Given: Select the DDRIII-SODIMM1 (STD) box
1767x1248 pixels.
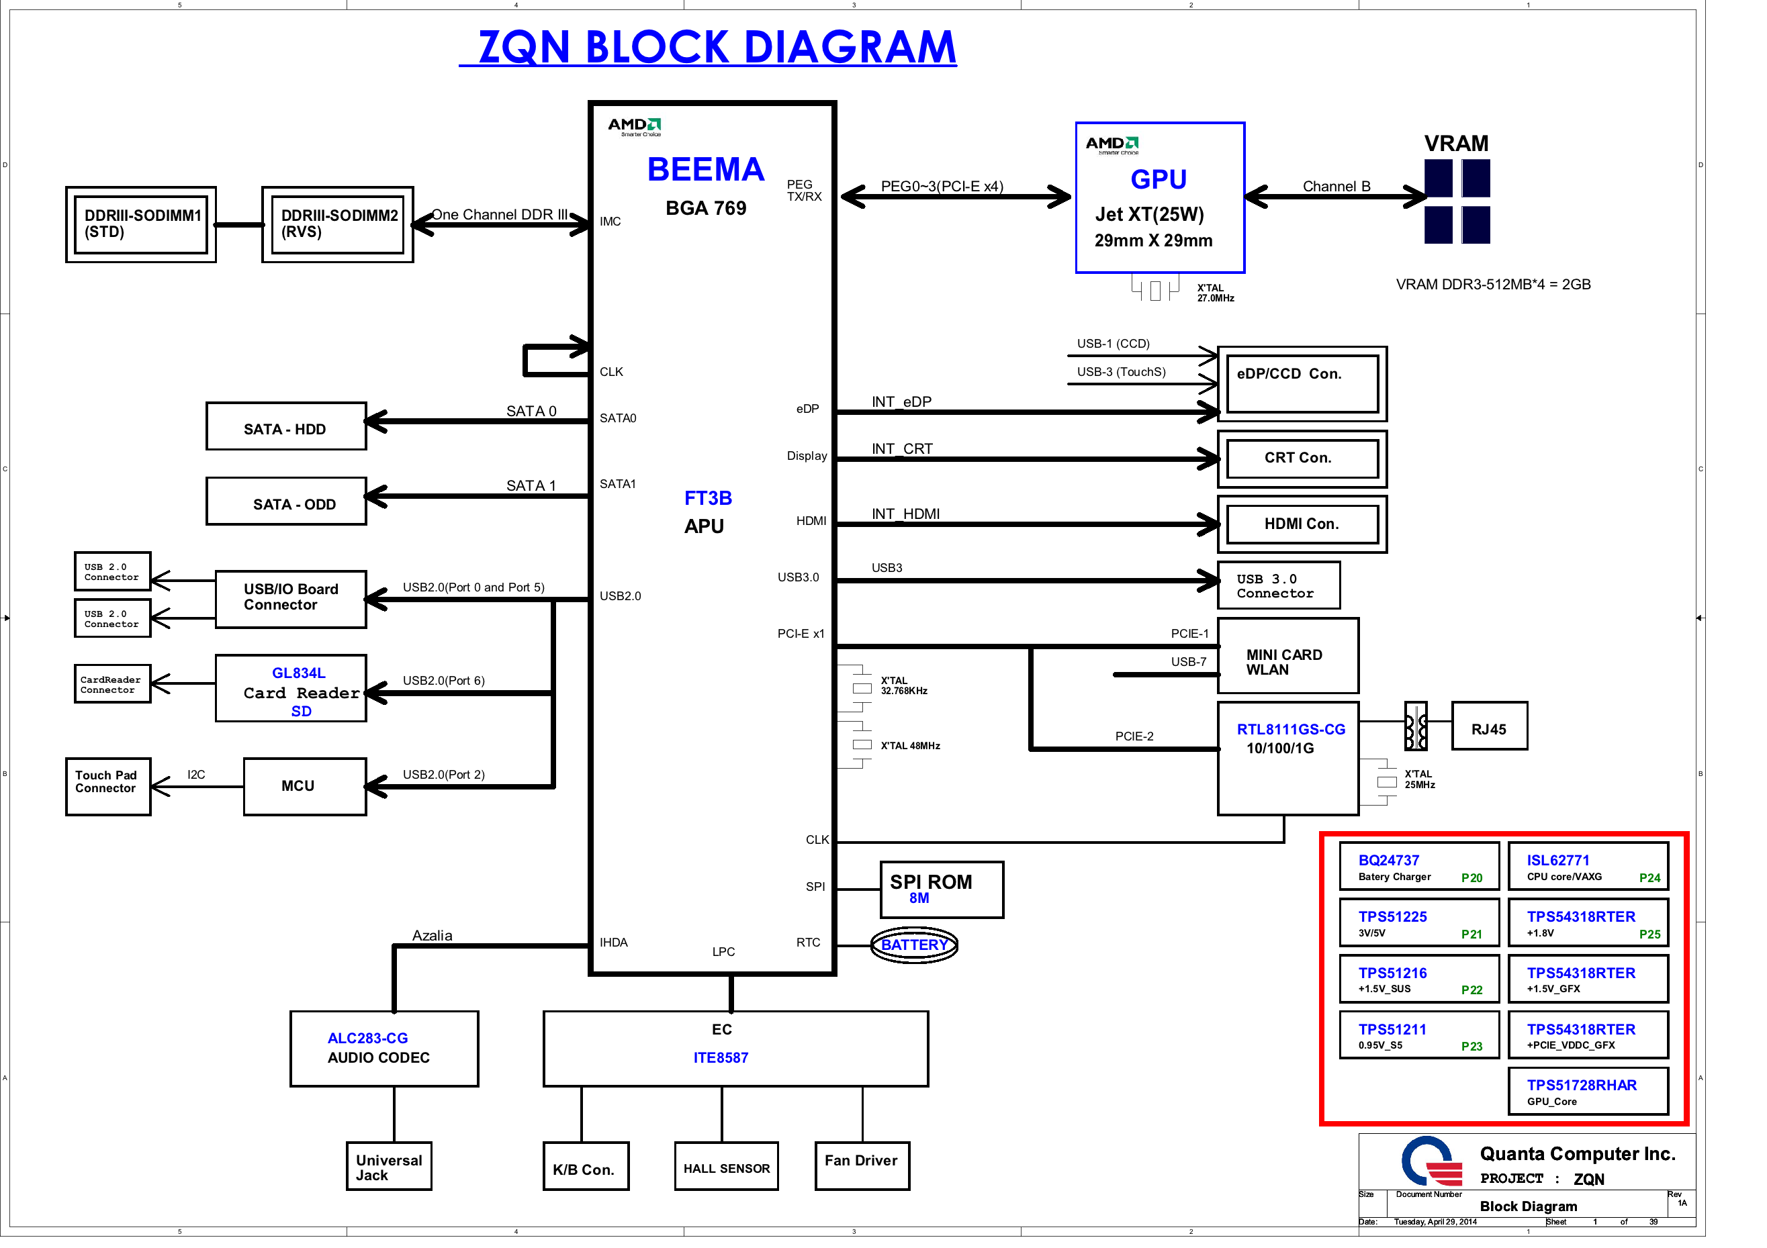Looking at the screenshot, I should [141, 224].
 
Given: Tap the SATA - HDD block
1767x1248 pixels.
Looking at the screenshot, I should [285, 426].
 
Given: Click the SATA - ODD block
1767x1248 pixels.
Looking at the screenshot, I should [285, 501].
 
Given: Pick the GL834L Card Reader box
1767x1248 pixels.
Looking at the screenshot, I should [291, 689].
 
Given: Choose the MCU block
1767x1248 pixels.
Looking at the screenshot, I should [305, 786].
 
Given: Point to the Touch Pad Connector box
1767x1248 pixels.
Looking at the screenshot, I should [107, 786].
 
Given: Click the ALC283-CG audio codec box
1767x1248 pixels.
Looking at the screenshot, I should [384, 1049].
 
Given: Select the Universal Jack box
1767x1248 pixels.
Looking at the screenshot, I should [389, 1167].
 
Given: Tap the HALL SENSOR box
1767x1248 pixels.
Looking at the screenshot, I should [726, 1167].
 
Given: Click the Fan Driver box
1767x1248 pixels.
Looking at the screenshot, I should [862, 1167].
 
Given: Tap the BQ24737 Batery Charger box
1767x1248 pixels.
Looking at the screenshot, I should [1419, 867].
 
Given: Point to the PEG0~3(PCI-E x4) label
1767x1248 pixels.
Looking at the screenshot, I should [942, 186].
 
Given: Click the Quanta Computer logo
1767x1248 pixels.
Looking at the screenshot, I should [1431, 1162].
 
